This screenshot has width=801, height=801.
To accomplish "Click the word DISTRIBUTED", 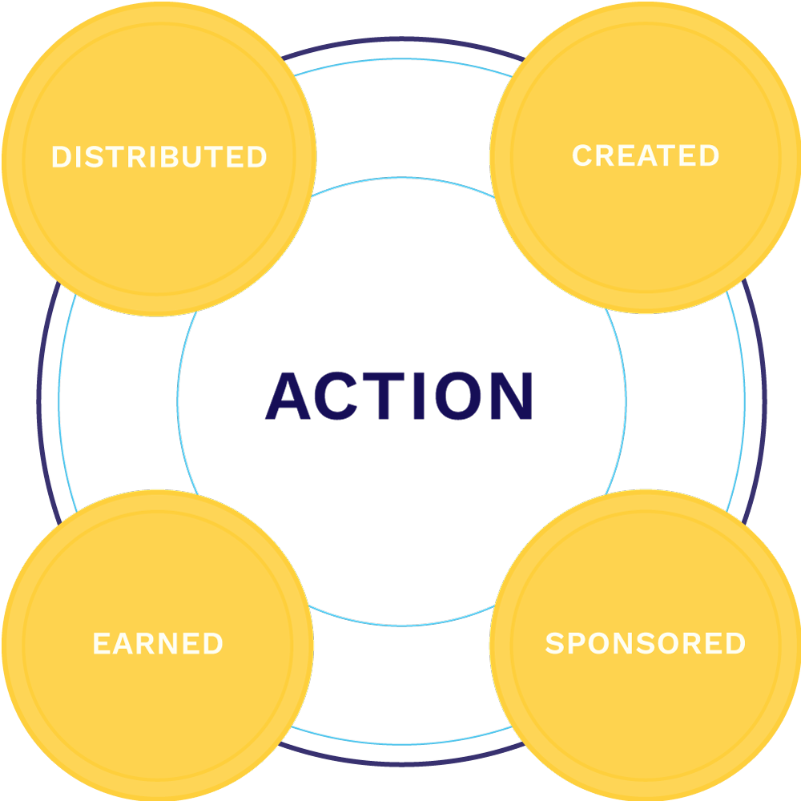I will click(159, 157).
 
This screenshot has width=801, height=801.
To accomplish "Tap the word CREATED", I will click(645, 155).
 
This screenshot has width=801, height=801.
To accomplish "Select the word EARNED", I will click(158, 644).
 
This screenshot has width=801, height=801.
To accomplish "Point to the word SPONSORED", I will click(645, 643).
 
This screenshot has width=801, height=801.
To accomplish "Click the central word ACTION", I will click(400, 396).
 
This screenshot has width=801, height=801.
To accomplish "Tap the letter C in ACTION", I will click(340, 396).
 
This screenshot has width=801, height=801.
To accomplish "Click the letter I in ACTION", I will click(418, 396).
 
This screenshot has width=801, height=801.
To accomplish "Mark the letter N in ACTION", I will click(510, 396).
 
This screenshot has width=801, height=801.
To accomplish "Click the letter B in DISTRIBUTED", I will click(179, 157).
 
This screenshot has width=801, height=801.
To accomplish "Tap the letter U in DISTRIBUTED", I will click(200, 157).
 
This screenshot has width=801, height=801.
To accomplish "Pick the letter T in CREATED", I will click(667, 155).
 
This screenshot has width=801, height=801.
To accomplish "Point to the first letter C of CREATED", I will click(582, 155).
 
